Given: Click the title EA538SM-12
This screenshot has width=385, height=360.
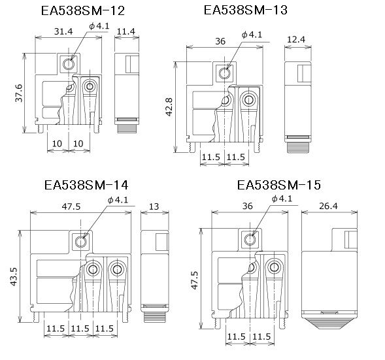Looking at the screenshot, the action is (83, 11).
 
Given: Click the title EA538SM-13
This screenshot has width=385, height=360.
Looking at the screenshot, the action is (246, 10).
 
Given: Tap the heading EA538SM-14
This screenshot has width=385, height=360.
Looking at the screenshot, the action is (86, 185).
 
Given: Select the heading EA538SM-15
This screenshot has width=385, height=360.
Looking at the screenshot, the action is (279, 185).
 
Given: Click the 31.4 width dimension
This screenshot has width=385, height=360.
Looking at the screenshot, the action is (63, 31).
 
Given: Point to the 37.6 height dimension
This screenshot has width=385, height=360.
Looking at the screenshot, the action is (19, 93).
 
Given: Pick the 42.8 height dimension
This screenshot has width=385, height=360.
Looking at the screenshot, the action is (169, 106).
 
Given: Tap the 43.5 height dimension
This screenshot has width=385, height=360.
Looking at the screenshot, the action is (14, 276).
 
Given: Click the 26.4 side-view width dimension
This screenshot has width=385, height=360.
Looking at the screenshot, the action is (328, 206).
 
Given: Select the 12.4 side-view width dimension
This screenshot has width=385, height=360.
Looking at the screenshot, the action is (296, 39).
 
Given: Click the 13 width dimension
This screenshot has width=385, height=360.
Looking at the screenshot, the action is (154, 206).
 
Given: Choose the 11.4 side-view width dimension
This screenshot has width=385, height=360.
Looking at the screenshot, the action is (126, 31).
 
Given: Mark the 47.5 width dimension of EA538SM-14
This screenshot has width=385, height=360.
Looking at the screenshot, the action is (71, 206).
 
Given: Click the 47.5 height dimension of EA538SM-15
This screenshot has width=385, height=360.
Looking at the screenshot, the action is (195, 280).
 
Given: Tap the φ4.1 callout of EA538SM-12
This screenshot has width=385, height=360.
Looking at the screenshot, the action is (99, 26).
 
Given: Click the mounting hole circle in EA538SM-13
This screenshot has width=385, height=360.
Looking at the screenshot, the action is (224, 73).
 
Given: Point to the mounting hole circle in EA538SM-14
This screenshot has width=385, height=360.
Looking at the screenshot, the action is (81, 242).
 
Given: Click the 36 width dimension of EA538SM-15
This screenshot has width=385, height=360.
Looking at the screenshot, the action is (247, 206).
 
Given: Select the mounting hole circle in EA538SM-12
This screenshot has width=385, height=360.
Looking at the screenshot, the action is (68, 64).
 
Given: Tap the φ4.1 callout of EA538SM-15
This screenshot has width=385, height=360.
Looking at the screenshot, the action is (282, 199).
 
